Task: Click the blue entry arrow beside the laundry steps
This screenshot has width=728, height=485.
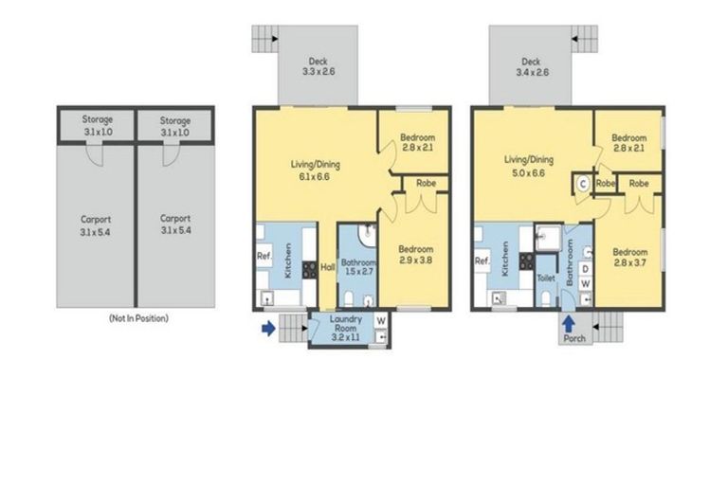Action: (x=269, y=328)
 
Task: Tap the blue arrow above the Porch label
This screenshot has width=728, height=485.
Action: (x=568, y=322)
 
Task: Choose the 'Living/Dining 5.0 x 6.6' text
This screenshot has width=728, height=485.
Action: (x=528, y=166)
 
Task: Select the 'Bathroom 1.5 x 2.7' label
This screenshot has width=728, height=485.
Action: (x=358, y=267)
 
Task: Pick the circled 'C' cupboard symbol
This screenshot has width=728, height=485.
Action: (x=582, y=183)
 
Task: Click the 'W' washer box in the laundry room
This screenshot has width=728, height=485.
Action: (x=381, y=320)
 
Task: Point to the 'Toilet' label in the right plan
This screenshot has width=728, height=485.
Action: (x=545, y=278)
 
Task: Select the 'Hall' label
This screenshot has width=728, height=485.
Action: (x=327, y=266)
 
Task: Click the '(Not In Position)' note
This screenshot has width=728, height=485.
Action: (x=138, y=319)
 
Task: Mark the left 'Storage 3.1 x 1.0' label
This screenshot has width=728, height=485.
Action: (x=97, y=126)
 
